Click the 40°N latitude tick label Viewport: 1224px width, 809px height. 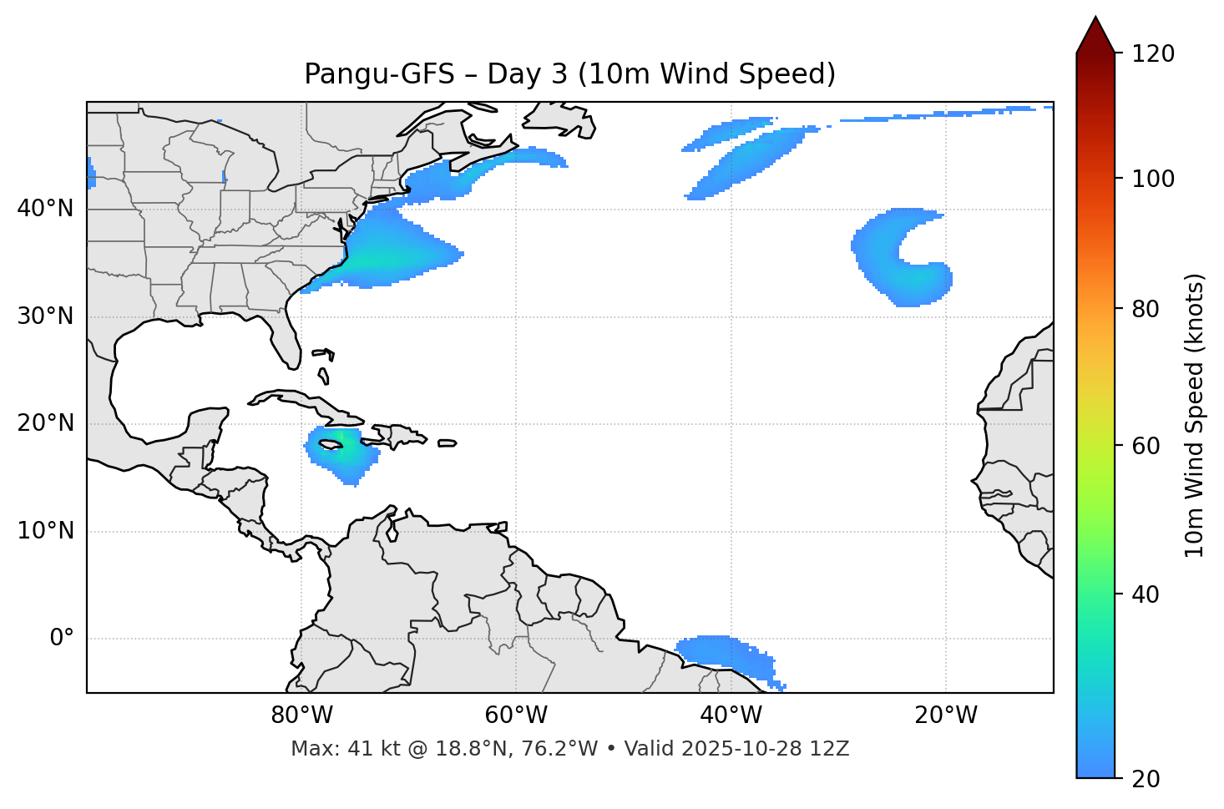pos(45,209)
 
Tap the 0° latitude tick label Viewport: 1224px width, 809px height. pos(61,639)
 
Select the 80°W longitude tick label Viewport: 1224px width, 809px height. pos(301,715)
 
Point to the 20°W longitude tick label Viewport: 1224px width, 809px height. pos(946,715)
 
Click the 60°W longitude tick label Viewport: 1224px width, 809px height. pos(516,715)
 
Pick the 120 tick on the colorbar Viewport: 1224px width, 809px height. pos(1155,54)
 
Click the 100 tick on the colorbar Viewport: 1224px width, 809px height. pos(1155,179)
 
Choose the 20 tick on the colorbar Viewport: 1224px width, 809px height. pos(1148,779)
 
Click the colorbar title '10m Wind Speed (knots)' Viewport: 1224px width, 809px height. pos(1195,416)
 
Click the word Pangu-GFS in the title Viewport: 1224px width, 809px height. pos(378,74)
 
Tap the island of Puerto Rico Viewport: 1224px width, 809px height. pos(447,443)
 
